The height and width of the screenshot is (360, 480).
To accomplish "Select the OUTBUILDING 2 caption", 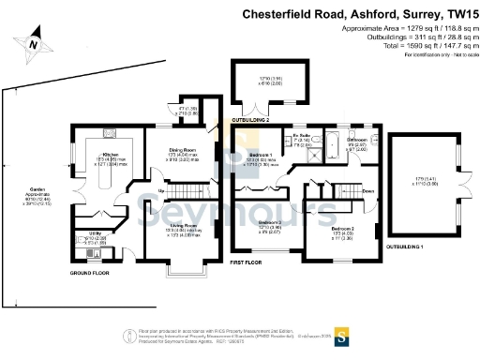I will point(251,121).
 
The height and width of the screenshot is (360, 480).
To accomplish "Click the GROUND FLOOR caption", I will point(93,273).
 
